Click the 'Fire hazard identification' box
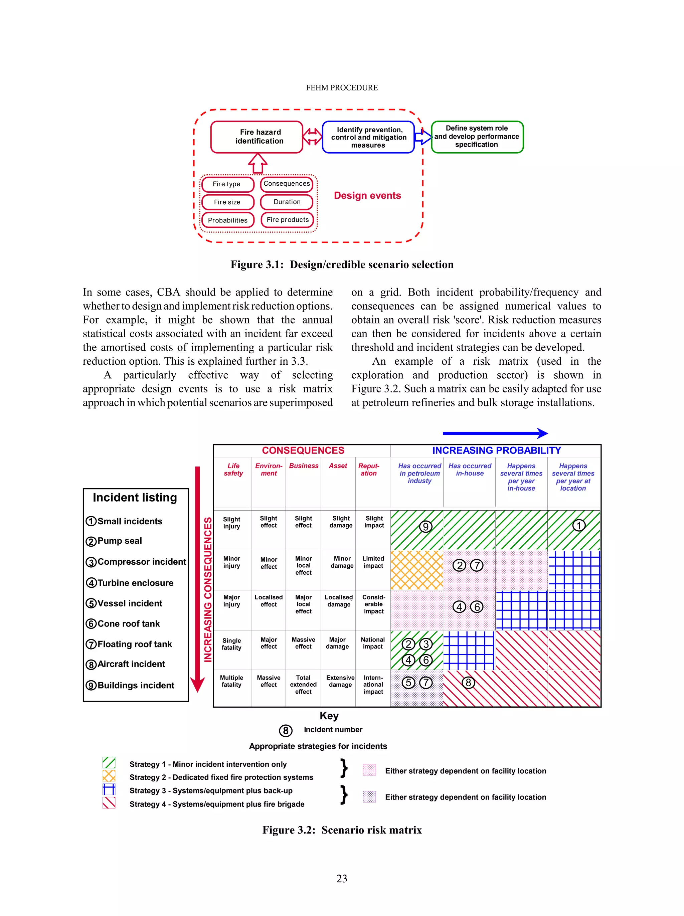point(257,137)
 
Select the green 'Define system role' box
point(477,137)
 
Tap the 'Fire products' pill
point(287,220)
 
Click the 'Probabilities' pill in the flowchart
point(227,220)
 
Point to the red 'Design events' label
point(367,196)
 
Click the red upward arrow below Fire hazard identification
point(258,164)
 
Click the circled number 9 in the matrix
point(425,527)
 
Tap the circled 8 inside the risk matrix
point(468,683)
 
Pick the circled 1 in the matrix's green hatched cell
point(578,525)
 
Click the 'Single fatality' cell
point(231,644)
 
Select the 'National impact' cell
point(373,643)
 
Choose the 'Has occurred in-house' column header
point(470,470)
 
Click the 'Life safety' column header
point(233,470)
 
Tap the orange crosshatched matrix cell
point(416,570)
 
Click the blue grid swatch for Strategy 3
point(109,789)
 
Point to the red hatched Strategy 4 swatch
point(109,803)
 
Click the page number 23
point(342,878)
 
